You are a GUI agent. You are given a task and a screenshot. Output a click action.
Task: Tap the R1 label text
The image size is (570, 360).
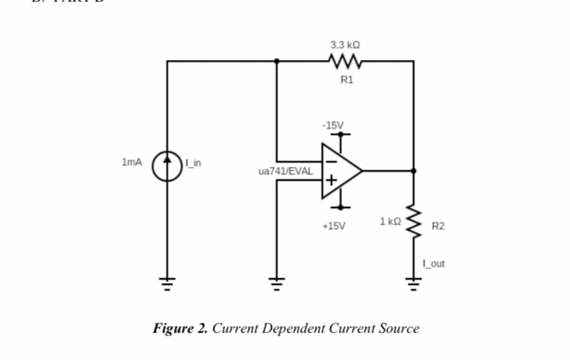[346, 78]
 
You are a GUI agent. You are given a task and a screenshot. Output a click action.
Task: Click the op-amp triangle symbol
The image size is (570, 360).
[339, 171]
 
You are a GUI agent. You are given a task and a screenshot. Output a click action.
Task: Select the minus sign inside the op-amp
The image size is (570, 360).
[331, 160]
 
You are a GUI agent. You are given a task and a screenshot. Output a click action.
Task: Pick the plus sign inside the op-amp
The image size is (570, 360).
[331, 182]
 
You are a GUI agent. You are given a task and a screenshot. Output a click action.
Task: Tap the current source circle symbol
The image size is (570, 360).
[167, 167]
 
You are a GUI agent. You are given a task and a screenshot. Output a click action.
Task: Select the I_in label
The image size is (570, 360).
[194, 163]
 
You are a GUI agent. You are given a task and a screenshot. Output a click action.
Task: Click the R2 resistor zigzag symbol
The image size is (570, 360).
[414, 220]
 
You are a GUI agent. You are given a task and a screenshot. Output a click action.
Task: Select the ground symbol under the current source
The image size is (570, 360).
[167, 286]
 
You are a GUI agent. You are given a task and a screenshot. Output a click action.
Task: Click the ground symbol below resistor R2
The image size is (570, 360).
[414, 286]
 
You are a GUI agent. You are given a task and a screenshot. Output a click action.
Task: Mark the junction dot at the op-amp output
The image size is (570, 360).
[414, 171]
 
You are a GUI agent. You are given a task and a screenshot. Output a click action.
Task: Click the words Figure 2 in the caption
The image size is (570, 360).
[180, 328]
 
